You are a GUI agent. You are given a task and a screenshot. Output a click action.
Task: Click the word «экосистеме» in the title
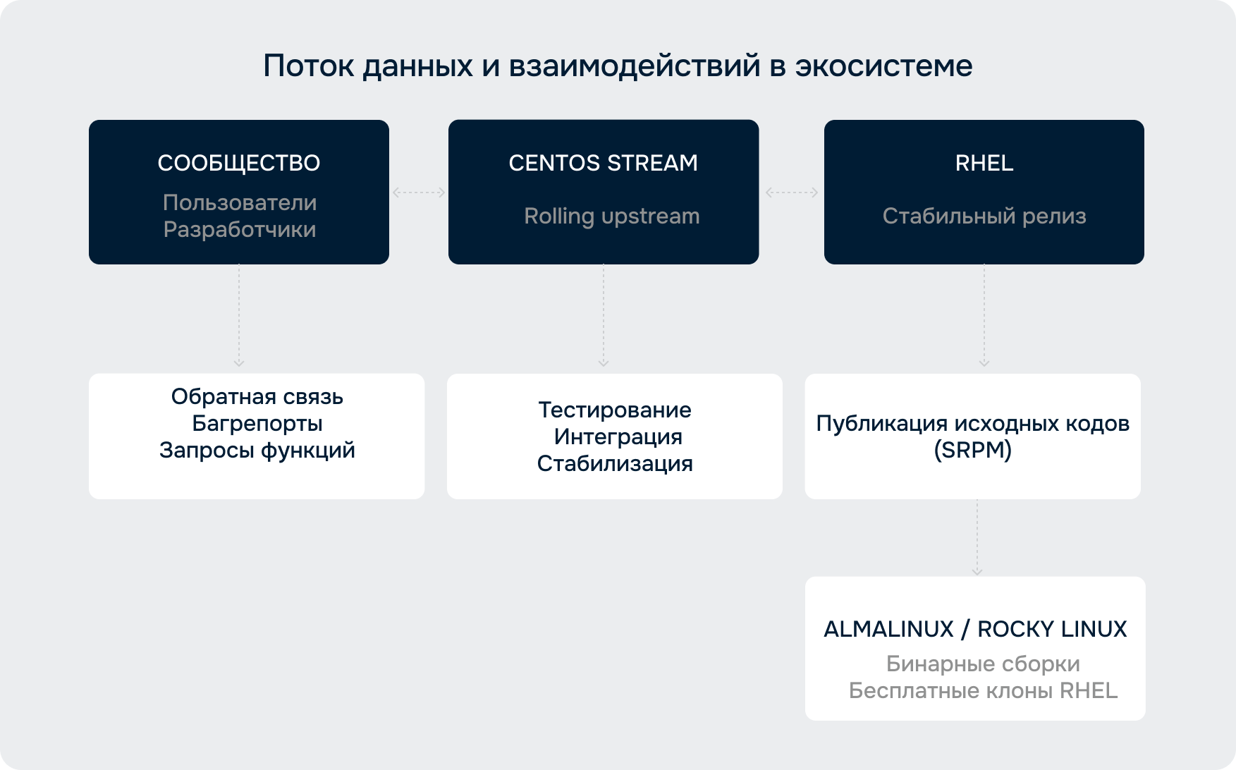click(884, 66)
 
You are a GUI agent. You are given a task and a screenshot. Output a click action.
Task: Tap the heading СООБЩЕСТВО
click(239, 163)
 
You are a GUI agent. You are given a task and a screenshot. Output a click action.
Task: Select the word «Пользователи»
click(240, 202)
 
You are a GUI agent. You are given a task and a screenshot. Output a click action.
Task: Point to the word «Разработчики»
click(240, 229)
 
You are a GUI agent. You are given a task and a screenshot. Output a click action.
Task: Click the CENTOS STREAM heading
click(604, 163)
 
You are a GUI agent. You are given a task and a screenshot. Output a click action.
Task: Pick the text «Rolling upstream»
click(612, 216)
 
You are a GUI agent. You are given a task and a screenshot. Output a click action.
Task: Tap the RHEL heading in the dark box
click(984, 163)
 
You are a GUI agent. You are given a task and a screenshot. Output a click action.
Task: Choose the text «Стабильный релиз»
click(984, 216)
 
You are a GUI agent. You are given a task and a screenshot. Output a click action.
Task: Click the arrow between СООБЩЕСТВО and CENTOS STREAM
click(419, 192)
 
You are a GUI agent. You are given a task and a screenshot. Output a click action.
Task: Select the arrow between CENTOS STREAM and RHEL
click(792, 192)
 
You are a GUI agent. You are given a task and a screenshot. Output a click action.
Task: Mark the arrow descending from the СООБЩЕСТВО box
click(239, 315)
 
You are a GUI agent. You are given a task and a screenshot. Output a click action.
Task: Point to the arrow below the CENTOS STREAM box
click(604, 315)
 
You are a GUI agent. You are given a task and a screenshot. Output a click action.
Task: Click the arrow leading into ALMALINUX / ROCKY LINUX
click(977, 537)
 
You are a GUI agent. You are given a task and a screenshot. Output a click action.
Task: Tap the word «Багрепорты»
click(257, 423)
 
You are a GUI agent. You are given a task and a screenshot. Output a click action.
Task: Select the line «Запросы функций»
click(257, 450)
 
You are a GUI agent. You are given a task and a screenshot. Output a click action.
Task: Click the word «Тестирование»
click(615, 410)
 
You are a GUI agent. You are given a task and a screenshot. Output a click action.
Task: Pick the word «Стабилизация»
click(615, 463)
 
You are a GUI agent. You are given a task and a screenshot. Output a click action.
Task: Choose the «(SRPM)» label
click(973, 450)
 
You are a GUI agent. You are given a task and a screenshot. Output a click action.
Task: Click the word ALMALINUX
click(889, 629)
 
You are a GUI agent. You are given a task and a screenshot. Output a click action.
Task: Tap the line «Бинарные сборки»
click(983, 664)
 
